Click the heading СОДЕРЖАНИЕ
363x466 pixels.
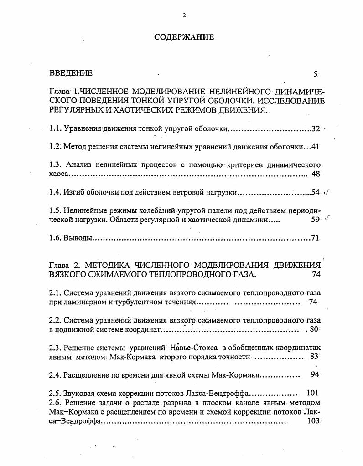tap(184, 37)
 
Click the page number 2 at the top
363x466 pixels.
tap(184, 15)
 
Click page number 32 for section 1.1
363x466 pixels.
tap(316, 129)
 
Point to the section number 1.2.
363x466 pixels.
tap(55, 147)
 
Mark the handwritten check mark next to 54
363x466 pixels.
tap(326, 192)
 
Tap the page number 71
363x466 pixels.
tap(315, 237)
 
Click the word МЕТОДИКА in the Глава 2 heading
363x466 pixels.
tap(109, 265)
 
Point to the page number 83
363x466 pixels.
tap(314, 356)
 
